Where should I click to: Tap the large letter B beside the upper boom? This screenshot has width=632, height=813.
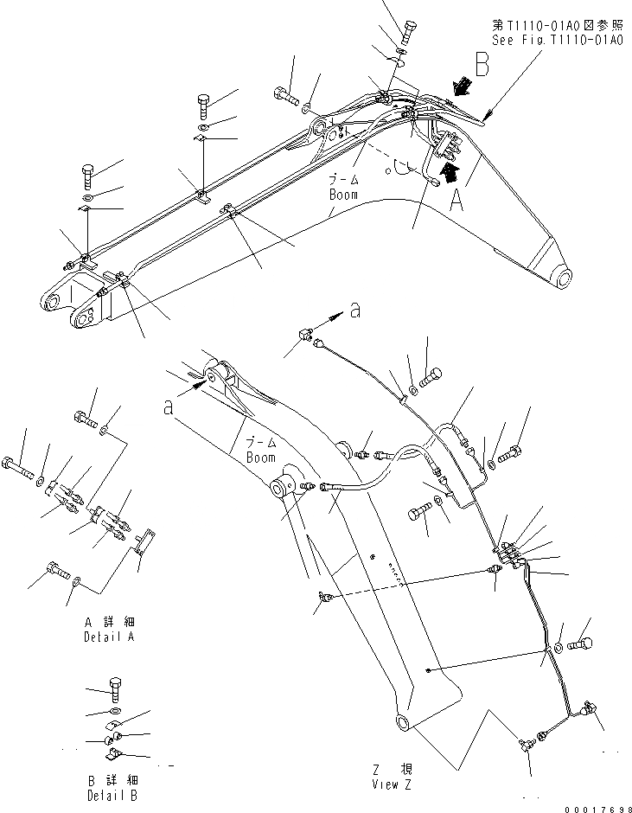(x=483, y=67)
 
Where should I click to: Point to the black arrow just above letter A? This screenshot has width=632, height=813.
(x=448, y=170)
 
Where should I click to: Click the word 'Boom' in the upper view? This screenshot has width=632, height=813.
(x=343, y=195)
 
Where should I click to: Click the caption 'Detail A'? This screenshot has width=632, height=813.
(x=110, y=637)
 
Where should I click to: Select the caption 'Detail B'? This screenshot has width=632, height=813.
(x=111, y=795)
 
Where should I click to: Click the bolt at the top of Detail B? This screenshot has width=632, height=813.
(x=116, y=689)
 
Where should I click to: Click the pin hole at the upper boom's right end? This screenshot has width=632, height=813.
(x=564, y=278)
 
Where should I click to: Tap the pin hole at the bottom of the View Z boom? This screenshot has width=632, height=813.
(x=404, y=722)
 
